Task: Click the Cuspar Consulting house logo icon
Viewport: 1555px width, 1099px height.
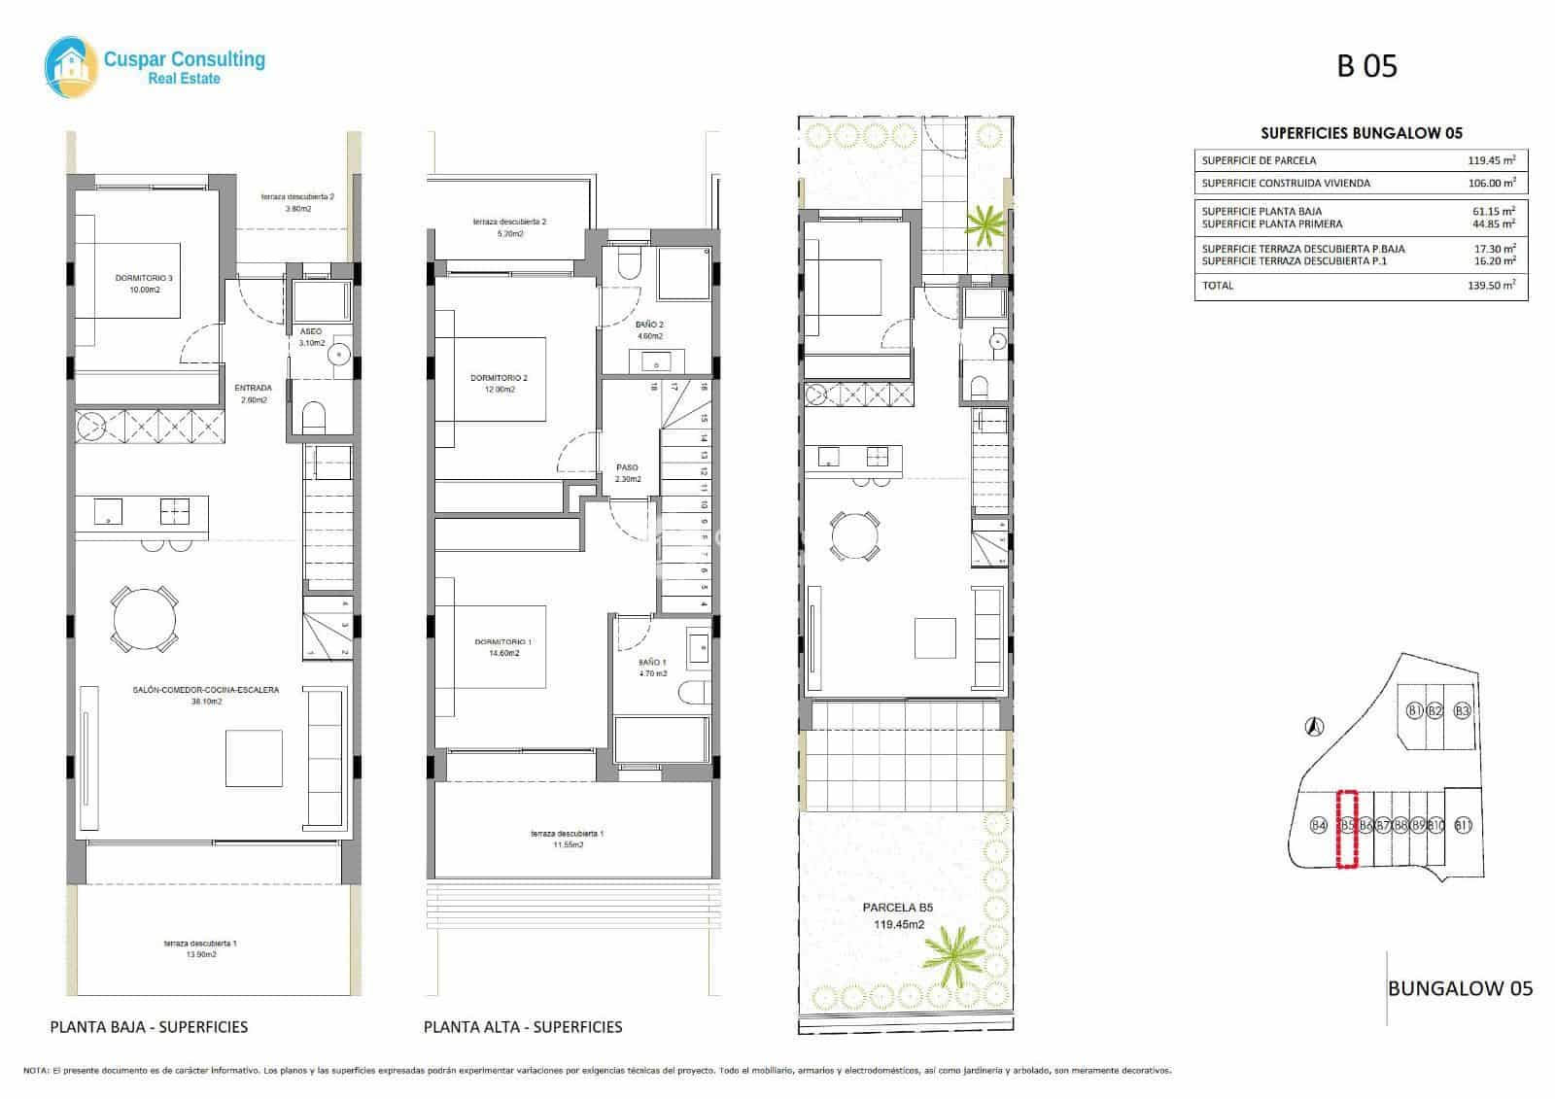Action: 70,64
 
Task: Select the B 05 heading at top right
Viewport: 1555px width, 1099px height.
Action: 1366,66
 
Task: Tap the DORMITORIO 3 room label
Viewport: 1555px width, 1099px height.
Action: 144,284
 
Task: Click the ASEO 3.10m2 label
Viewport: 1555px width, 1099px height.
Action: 310,337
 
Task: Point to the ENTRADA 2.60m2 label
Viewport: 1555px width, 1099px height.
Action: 253,394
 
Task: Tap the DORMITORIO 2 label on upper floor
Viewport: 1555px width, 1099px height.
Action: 499,384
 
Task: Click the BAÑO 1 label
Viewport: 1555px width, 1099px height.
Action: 652,668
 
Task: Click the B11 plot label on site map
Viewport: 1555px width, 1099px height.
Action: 1463,826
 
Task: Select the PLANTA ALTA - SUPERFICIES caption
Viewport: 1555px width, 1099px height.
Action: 523,1026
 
